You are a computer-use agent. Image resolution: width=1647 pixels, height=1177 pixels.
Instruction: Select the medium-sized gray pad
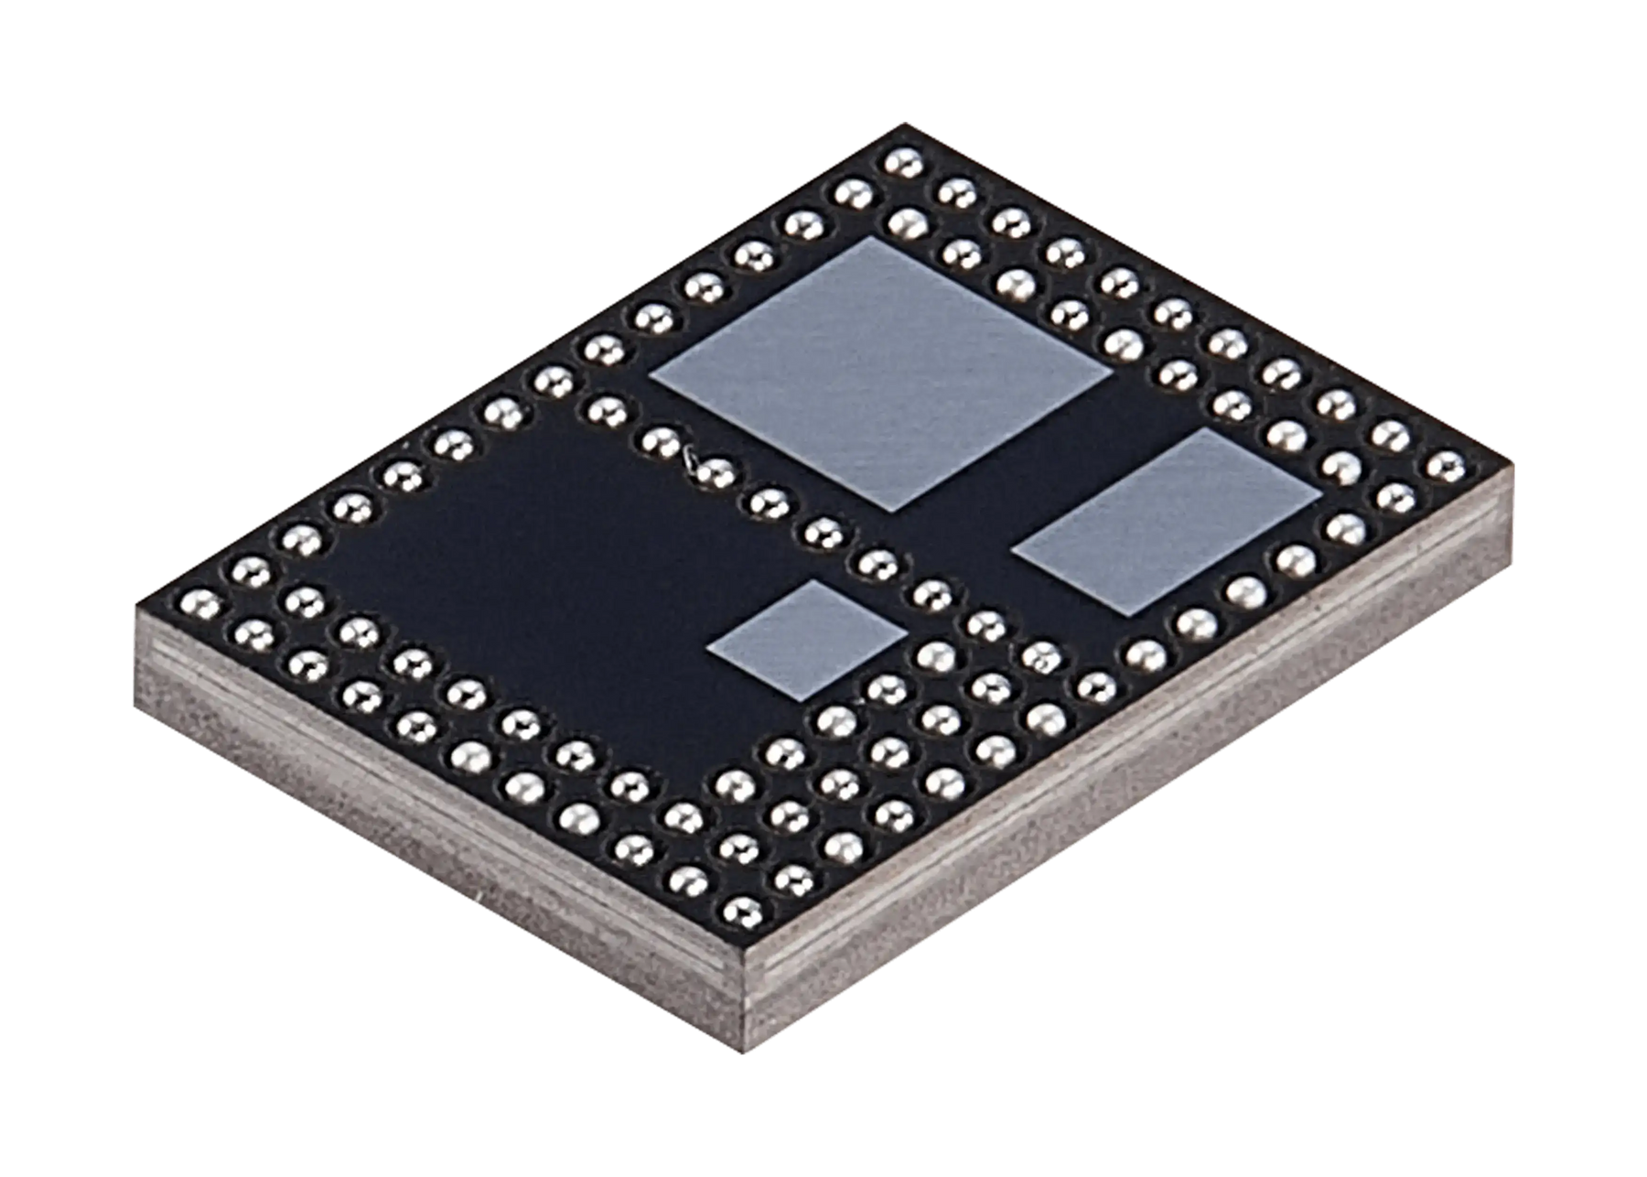pyautogui.click(x=1168, y=520)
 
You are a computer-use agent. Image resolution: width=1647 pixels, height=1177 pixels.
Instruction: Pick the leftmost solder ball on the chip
pyautogui.click(x=200, y=604)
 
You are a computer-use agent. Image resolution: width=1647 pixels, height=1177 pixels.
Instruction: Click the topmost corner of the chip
pyautogui.click(x=901, y=124)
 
